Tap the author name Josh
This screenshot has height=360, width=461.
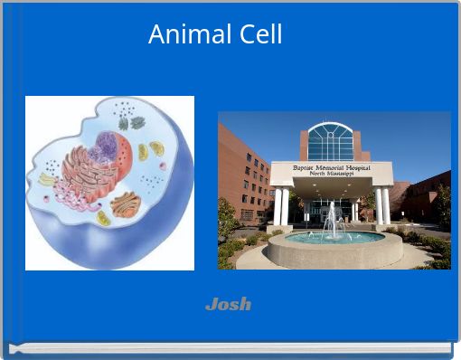pos(228,304)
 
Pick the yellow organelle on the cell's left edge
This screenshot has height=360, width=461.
pos(46,180)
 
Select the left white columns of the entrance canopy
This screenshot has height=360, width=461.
pos(281,205)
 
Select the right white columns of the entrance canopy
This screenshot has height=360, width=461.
pos(383,205)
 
